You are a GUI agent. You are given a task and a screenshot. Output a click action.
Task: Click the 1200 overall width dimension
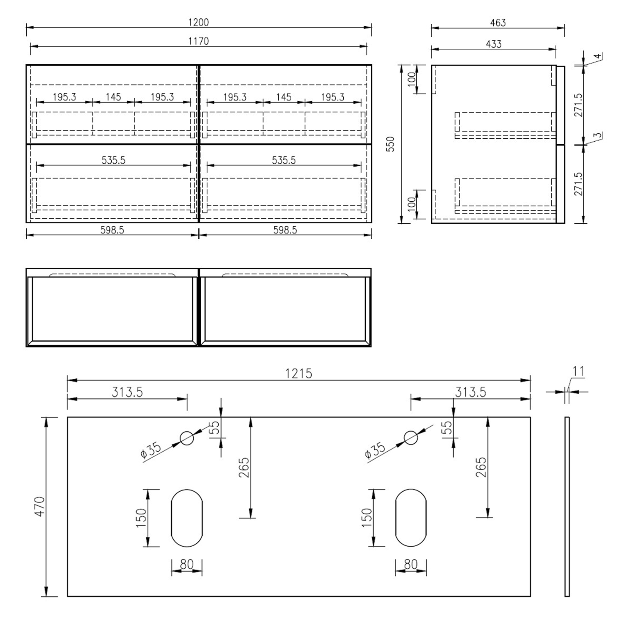pyautogui.click(x=198, y=22)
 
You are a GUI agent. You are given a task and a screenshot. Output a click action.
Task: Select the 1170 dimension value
pyautogui.click(x=198, y=41)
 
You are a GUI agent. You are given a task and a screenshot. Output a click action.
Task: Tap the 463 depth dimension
pyautogui.click(x=498, y=22)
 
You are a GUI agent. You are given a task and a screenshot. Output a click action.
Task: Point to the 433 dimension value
pyautogui.click(x=494, y=44)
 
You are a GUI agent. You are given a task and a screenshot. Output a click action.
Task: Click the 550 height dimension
pyautogui.click(x=390, y=144)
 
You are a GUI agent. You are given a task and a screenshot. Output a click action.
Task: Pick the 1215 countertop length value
pyautogui.click(x=299, y=373)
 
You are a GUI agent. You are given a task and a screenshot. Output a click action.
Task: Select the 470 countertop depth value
pyautogui.click(x=40, y=506)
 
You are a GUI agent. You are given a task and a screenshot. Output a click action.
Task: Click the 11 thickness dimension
pyautogui.click(x=578, y=371)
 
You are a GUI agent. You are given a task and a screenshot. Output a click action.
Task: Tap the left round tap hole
pyautogui.click(x=187, y=438)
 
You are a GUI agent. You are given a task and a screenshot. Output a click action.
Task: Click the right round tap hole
pyautogui.click(x=411, y=438)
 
